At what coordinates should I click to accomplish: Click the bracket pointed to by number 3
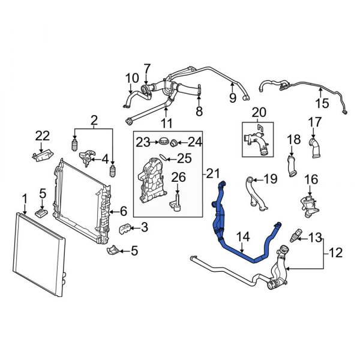tap(128, 229)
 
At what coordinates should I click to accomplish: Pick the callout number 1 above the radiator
tap(25, 198)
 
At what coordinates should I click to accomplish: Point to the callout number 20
tap(258, 112)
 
